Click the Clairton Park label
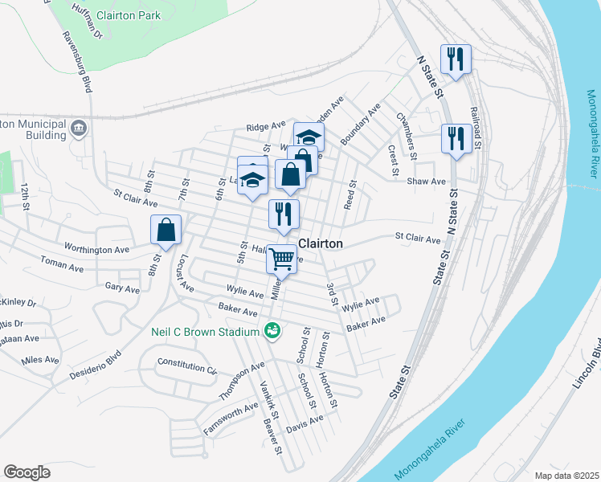129,15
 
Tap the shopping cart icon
281,259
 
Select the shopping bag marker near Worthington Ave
166,231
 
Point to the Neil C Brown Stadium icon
272,330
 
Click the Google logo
27,472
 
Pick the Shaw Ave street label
426,182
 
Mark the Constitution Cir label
188,367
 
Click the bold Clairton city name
321,243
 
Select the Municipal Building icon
79,128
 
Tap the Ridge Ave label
266,127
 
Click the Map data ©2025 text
565,475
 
